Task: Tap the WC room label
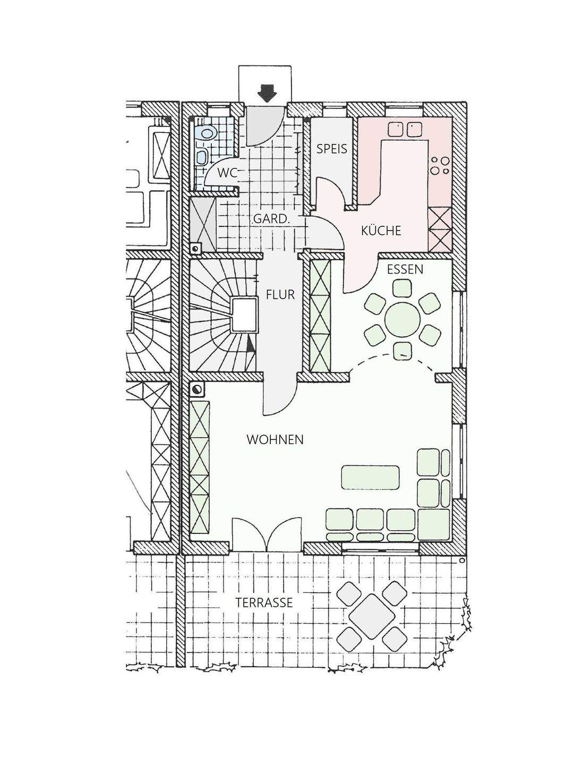click(x=227, y=172)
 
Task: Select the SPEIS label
click(x=332, y=149)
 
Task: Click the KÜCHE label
click(x=381, y=231)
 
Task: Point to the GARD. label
click(x=272, y=219)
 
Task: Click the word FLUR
click(x=280, y=295)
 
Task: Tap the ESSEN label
click(x=405, y=269)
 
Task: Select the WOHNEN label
click(x=275, y=440)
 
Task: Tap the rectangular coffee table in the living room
click(x=370, y=478)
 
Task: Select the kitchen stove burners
click(x=440, y=166)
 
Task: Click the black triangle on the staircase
click(x=250, y=346)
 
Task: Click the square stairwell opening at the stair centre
click(x=244, y=314)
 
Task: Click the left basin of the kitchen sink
click(x=396, y=129)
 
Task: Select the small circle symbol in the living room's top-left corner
click(x=197, y=389)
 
